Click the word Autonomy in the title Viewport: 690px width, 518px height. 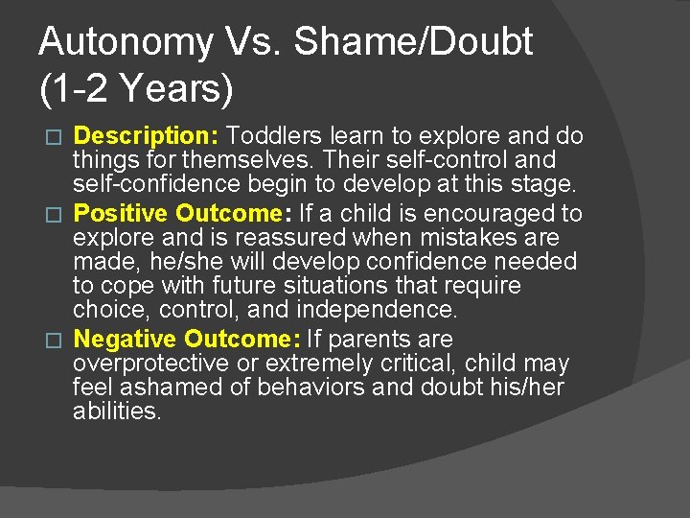tap(127, 43)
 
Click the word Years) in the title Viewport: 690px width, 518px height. tap(175, 89)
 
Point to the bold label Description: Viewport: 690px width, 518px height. tap(148, 136)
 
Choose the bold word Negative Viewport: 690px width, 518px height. tap(126, 339)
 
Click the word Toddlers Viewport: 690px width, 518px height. tap(273, 136)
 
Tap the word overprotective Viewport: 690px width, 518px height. tap(152, 364)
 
